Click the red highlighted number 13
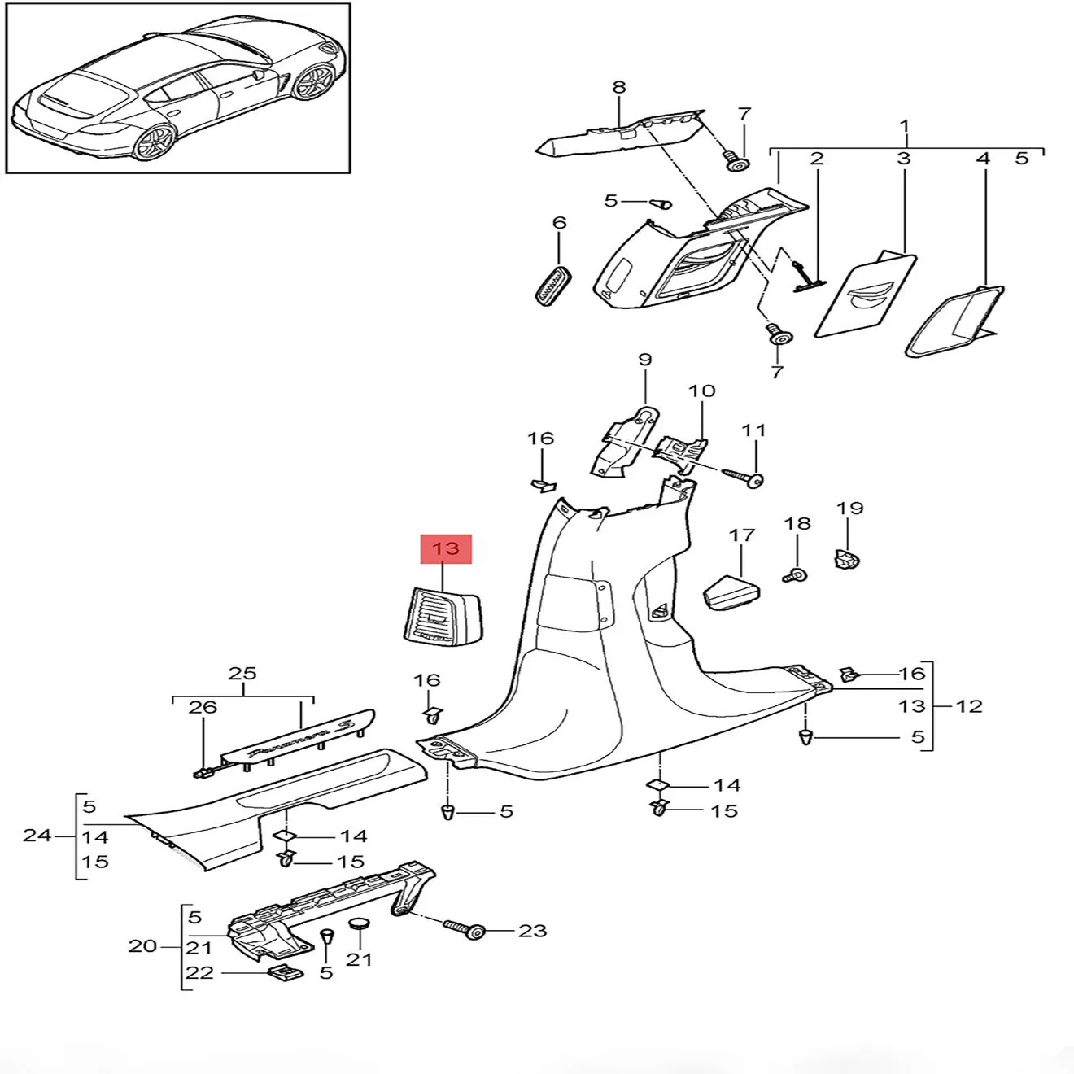point(446,549)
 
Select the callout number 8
point(619,87)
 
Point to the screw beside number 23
point(465,929)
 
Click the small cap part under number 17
point(730,592)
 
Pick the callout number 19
point(849,509)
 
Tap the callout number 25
point(242,674)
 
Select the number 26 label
point(203,707)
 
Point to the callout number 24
point(37,835)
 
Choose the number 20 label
point(143,946)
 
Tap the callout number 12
point(969,705)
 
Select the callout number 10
point(701,391)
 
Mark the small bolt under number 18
point(795,575)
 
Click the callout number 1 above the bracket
point(904,127)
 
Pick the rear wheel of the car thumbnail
point(153,144)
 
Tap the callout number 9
point(645,360)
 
